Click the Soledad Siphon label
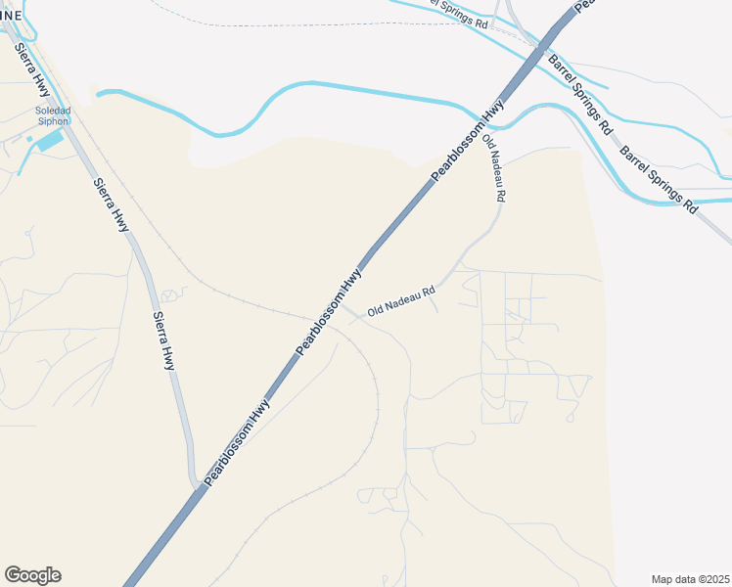point(53,116)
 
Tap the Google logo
point(32,575)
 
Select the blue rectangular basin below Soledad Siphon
point(48,141)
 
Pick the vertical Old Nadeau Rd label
point(493,168)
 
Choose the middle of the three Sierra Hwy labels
point(112,204)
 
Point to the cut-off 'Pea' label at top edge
point(585,5)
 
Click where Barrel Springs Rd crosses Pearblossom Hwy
point(537,44)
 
